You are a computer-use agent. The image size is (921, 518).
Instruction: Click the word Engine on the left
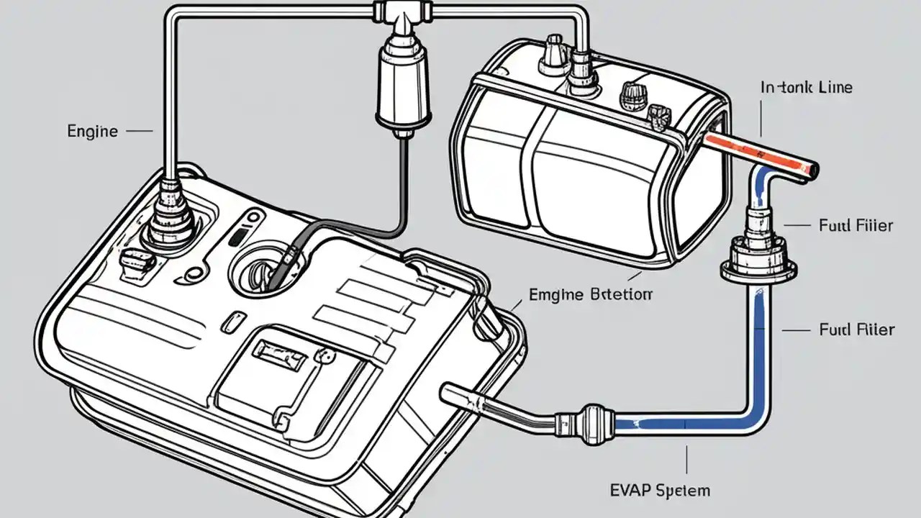tap(92, 131)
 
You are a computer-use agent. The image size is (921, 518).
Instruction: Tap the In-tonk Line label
tap(806, 88)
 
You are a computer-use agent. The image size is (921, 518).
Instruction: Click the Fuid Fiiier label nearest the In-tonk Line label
tap(856, 226)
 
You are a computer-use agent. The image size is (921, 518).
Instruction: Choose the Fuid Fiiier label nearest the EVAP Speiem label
tap(856, 330)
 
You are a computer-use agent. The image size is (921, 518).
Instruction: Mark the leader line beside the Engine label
tap(140, 132)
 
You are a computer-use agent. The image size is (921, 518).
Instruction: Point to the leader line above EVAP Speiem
tap(687, 460)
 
